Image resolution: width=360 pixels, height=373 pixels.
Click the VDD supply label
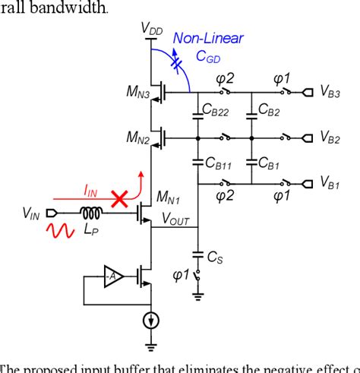pos(151,28)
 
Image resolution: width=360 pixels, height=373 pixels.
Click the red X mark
pos(118,199)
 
